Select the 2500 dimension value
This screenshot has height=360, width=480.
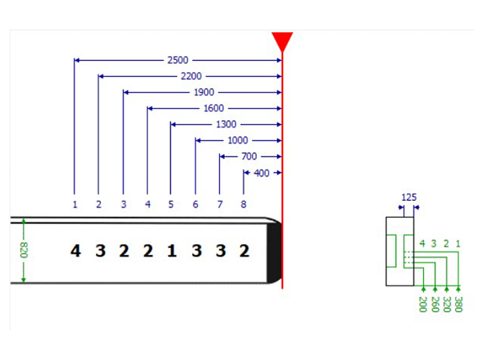(x=178, y=60)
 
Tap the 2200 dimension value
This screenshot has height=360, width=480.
(x=191, y=76)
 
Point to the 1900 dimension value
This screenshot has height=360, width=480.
(x=204, y=92)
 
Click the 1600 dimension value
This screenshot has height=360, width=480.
(x=214, y=108)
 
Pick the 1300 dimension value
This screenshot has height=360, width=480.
(x=226, y=124)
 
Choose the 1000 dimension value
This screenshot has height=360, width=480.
(x=238, y=140)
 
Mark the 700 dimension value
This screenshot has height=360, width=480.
(x=249, y=157)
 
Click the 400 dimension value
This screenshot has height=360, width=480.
(x=262, y=173)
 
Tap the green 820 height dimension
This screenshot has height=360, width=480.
(x=24, y=250)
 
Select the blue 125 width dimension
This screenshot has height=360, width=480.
(x=409, y=197)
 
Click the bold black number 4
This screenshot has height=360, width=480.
(x=76, y=250)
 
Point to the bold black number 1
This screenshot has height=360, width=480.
(x=172, y=250)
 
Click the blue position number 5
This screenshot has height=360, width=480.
(x=171, y=204)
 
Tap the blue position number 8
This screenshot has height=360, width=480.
(x=243, y=204)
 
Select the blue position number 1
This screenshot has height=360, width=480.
(x=75, y=204)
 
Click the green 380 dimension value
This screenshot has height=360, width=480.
(x=458, y=304)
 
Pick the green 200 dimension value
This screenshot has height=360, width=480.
(x=422, y=304)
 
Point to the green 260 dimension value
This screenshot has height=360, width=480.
(x=435, y=304)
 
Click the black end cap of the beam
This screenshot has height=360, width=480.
(x=274, y=253)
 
